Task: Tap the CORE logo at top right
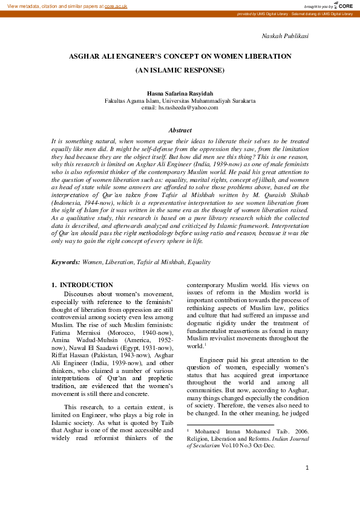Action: point(344,5)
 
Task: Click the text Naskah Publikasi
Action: point(284,36)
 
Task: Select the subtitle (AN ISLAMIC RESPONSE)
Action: point(180,70)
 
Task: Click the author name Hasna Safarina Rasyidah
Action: point(180,94)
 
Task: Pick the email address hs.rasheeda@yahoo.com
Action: point(188,107)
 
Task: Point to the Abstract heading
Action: point(180,130)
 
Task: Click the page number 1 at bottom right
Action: point(307,467)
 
